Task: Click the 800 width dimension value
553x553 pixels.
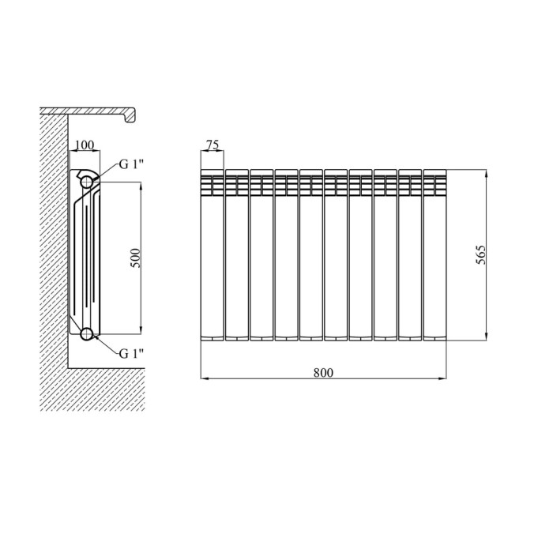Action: click(323, 372)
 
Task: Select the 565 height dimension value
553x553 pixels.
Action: click(480, 254)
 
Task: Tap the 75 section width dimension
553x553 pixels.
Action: click(213, 145)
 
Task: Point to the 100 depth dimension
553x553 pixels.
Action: click(85, 145)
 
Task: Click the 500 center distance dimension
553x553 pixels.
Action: click(135, 258)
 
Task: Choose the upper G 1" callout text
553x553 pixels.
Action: click(132, 164)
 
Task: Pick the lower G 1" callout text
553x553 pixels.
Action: click(132, 353)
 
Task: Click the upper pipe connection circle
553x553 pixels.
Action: click(87, 182)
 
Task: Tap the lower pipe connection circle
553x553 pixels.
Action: click(87, 334)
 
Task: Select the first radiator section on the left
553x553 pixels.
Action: click(212, 255)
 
